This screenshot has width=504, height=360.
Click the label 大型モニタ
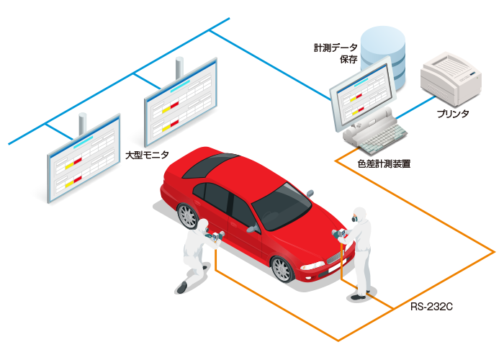point(147,155)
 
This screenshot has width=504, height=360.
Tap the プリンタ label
point(453,114)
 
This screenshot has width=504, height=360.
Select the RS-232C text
point(431,307)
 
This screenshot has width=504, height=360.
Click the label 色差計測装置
point(384,164)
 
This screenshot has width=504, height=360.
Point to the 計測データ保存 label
point(336,53)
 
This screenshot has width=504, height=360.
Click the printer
point(451,78)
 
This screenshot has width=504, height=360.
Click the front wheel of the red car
point(282,269)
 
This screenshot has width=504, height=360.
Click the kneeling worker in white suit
point(197,255)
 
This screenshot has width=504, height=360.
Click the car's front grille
point(334,258)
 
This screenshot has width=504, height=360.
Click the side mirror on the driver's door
point(254,228)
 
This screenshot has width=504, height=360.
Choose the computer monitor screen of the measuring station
point(363,94)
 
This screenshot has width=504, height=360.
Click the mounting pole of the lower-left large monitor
point(83,123)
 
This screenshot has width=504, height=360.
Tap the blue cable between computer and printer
point(415,108)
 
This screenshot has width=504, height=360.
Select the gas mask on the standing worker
point(354,220)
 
